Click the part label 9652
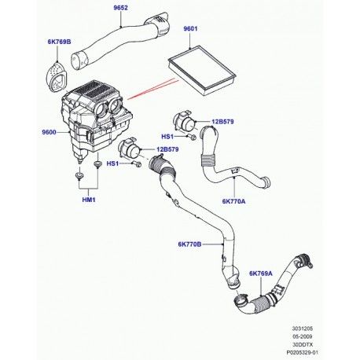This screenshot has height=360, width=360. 120,8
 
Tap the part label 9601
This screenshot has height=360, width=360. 190,29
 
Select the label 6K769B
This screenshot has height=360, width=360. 59,42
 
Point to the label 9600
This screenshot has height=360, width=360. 49,132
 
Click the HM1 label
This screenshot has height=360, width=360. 89,200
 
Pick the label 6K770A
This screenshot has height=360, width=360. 233,201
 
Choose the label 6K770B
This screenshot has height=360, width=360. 189,244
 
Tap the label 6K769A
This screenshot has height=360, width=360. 261,274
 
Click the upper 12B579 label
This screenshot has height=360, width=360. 222,122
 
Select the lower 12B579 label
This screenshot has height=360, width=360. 167,149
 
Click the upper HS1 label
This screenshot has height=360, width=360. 167,137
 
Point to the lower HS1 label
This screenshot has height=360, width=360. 112,163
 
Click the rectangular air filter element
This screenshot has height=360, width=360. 202,70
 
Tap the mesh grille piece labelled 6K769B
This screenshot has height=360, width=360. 57,78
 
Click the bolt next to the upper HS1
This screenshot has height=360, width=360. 193,137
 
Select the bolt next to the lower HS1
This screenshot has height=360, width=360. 137,164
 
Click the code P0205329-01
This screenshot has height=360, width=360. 303,353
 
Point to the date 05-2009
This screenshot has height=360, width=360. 303,336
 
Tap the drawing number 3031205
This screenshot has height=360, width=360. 303,329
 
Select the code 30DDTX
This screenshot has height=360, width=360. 303,344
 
